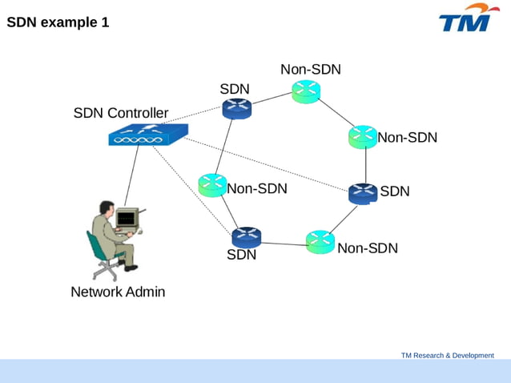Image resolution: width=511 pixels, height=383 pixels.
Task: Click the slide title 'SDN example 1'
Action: [x=58, y=23]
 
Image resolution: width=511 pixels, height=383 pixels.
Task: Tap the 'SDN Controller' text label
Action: [x=121, y=113]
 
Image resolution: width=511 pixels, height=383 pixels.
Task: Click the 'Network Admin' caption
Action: [x=118, y=292]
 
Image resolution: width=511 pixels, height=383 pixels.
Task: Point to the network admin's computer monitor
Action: [x=126, y=218]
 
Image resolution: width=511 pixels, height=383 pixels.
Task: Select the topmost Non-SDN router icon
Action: [x=306, y=92]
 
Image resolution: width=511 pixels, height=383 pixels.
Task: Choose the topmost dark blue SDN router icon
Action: [x=237, y=107]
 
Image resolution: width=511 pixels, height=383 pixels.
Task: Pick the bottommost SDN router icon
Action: [x=246, y=237]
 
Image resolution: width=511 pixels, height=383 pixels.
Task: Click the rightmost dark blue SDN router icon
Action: [x=363, y=193]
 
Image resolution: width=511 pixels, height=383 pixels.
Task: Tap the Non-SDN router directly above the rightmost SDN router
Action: [x=363, y=137]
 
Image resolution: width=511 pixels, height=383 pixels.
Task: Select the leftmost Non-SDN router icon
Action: [x=212, y=185]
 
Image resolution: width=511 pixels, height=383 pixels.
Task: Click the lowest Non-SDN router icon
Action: [x=320, y=242]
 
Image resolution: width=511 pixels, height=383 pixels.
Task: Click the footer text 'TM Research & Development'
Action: [x=447, y=355]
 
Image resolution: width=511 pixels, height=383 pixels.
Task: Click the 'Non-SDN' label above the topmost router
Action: [x=310, y=70]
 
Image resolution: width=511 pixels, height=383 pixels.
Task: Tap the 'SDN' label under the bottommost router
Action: [x=241, y=256]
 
